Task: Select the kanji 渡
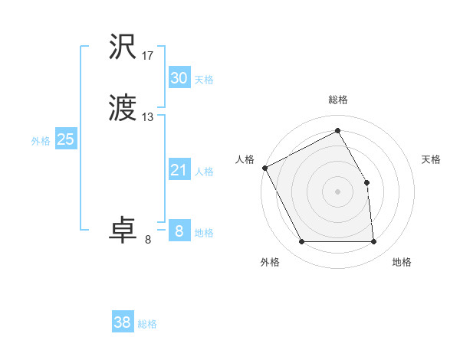(x=123, y=108)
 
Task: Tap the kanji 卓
(x=123, y=231)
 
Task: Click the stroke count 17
(x=148, y=56)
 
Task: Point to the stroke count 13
(x=148, y=117)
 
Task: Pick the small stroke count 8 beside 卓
(x=148, y=240)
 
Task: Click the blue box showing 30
(x=179, y=77)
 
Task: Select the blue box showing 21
(x=179, y=170)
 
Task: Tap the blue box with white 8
(x=179, y=231)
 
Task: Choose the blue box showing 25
(x=65, y=139)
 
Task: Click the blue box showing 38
(x=123, y=322)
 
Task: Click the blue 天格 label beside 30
(x=204, y=80)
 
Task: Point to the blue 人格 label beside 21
(x=204, y=172)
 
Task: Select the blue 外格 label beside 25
(x=41, y=141)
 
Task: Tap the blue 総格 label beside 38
(x=147, y=325)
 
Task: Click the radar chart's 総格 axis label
(x=337, y=100)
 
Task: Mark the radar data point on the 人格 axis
(x=264, y=168)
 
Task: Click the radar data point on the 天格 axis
(x=366, y=182)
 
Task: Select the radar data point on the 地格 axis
(x=373, y=242)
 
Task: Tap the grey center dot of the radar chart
(x=337, y=191)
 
